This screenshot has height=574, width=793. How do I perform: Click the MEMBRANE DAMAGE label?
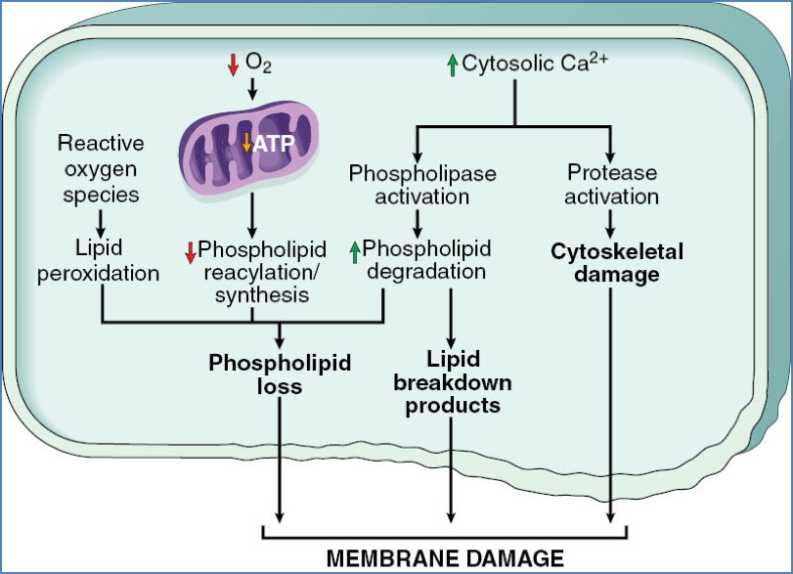444,558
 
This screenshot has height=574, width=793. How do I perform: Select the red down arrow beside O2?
233,65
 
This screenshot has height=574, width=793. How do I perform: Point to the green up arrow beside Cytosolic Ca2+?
451,65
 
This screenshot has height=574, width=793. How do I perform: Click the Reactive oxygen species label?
100,168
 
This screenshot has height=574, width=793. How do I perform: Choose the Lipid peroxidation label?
98,261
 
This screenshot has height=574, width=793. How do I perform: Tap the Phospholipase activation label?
422,185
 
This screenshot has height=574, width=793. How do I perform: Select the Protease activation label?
612,185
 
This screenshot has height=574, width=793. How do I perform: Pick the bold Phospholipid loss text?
282,375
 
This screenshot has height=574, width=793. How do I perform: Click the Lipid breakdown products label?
452,381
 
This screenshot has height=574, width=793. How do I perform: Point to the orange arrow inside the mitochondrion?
246,144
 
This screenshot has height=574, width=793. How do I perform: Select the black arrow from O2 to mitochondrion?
253,89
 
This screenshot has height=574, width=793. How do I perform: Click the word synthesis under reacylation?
253,294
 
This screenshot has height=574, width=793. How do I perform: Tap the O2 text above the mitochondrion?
258,65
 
